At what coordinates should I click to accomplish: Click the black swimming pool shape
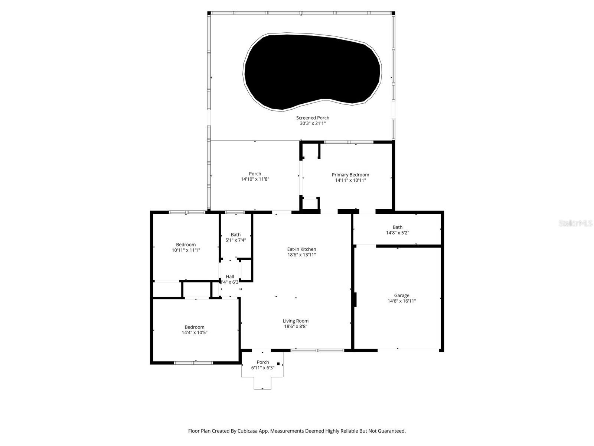[312, 71]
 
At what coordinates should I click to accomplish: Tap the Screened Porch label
[313, 118]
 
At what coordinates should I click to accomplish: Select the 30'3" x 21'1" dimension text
[313, 123]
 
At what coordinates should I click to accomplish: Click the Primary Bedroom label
[350, 175]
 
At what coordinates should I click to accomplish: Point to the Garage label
[402, 295]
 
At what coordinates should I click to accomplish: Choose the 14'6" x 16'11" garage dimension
[402, 301]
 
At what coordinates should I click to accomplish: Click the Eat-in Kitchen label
[301, 249]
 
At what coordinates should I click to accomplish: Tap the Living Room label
[296, 321]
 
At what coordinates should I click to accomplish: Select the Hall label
[230, 277]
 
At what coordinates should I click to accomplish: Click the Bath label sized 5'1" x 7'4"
[236, 235]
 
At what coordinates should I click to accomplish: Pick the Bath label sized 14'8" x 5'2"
[397, 227]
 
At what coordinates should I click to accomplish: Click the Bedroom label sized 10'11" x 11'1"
[186, 245]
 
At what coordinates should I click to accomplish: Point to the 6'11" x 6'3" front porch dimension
[263, 368]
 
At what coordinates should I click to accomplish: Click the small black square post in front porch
[278, 363]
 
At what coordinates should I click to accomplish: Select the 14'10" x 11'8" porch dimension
[255, 179]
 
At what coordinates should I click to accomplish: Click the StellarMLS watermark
[575, 223]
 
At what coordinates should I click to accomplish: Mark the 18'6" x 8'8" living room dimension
[296, 326]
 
